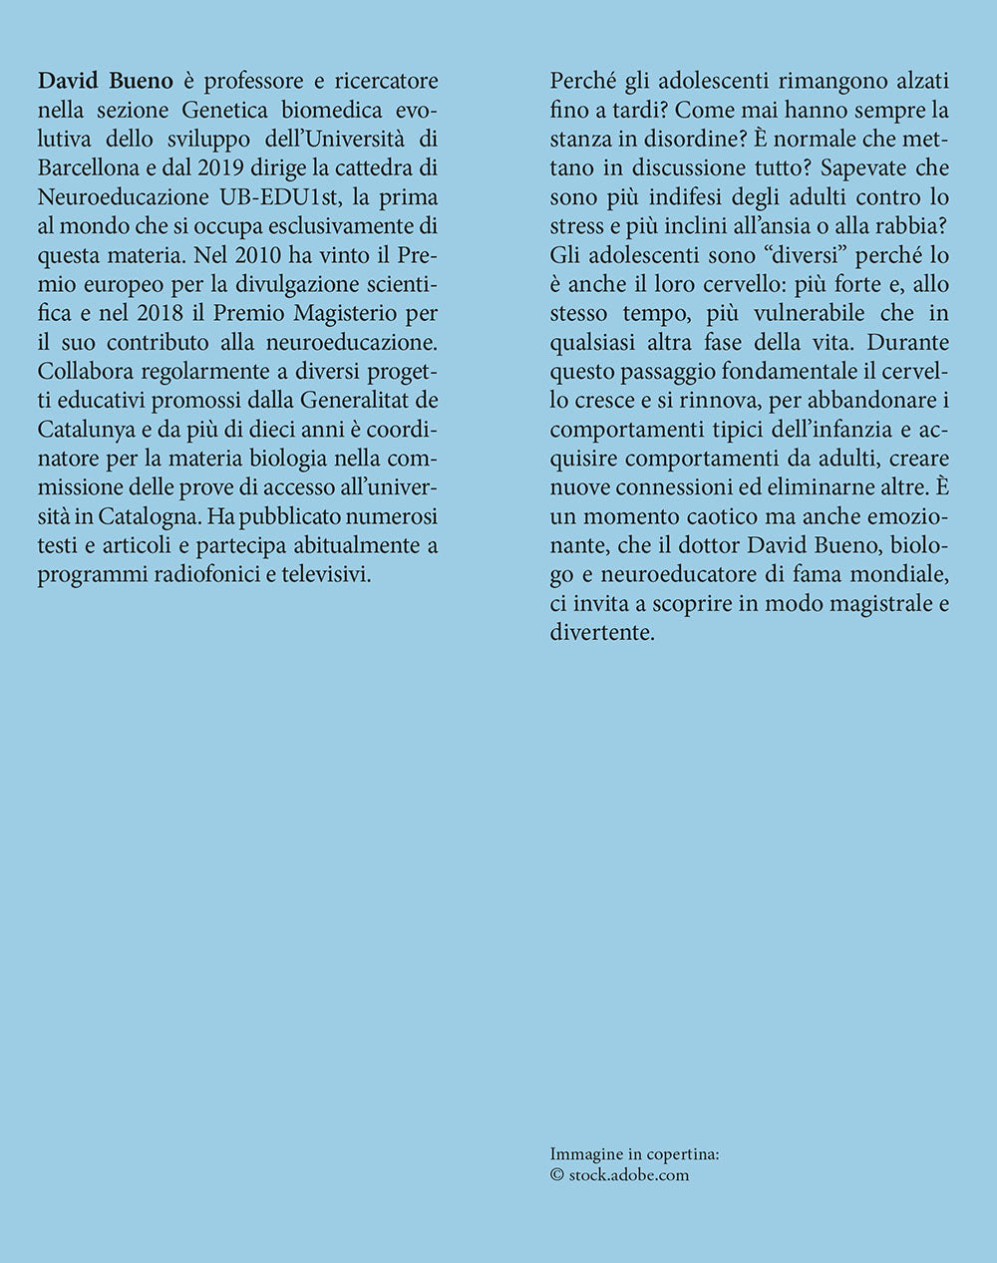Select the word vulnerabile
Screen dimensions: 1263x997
pos(793,313)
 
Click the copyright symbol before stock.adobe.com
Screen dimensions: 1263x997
pos(556,1174)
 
